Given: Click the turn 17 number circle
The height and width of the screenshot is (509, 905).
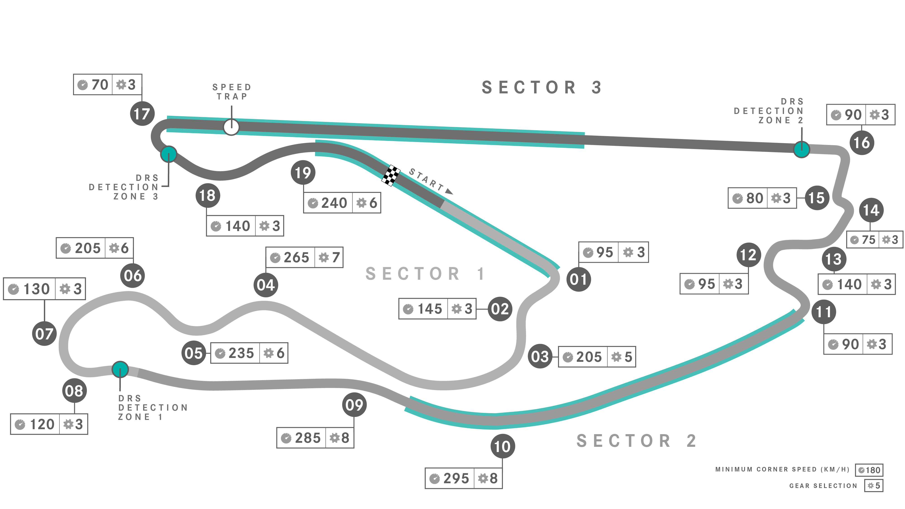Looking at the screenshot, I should [x=142, y=114].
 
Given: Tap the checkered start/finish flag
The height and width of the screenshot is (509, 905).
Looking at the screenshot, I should [x=391, y=175].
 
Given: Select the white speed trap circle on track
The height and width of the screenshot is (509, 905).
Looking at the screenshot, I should [x=231, y=127].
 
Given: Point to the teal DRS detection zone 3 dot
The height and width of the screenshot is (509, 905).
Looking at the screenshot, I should [x=169, y=154].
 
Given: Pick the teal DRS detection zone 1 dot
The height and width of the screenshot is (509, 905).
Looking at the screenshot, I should [x=120, y=369].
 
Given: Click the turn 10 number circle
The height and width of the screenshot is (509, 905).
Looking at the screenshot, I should [x=502, y=446].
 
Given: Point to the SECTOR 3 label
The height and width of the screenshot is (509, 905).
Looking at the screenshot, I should [x=542, y=88].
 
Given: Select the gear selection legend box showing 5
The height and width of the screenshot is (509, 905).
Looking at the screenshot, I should [x=874, y=486].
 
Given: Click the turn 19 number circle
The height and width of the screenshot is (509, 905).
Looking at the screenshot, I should [x=303, y=173].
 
